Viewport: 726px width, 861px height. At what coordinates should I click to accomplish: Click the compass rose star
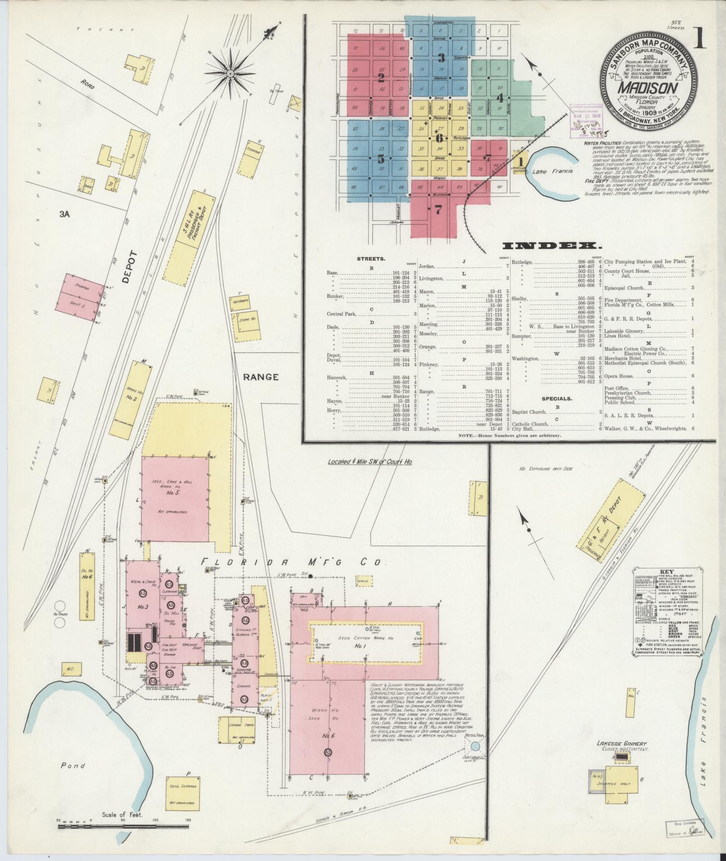click(230, 73)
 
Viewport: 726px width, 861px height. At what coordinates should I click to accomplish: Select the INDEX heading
click(551, 246)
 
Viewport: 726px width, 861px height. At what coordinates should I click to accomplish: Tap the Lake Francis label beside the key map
click(551, 171)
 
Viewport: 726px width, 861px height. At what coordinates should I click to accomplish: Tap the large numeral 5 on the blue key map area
click(381, 159)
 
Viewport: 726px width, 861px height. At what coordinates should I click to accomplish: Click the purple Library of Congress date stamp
click(582, 119)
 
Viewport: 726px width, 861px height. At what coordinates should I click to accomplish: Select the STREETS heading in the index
click(370, 259)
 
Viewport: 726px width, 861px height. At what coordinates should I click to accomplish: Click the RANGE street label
click(261, 377)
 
